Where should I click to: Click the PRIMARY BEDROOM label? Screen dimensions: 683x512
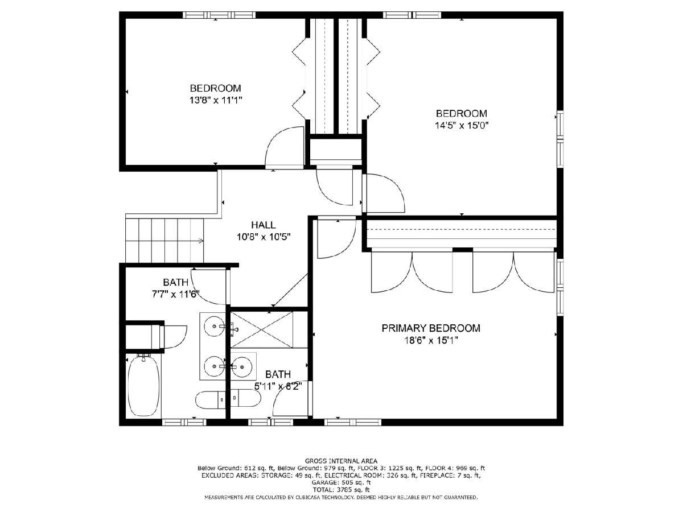click(x=431, y=328)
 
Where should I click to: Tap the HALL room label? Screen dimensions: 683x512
click(x=264, y=225)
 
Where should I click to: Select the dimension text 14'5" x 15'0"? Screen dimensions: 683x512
click(x=462, y=126)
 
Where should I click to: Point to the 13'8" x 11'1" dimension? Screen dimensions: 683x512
click(x=216, y=101)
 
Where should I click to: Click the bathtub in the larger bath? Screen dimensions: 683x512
click(x=144, y=386)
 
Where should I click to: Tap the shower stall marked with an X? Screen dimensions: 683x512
click(x=261, y=330)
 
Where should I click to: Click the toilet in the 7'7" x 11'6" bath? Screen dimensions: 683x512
click(x=211, y=399)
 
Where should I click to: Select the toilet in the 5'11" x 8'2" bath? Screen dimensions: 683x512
click(x=245, y=398)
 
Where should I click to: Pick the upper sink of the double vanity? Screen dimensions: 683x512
click(x=214, y=326)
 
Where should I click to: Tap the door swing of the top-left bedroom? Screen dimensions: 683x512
click(x=285, y=148)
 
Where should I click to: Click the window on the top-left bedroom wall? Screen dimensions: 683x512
click(x=219, y=15)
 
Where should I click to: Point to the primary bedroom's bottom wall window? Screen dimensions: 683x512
click(x=353, y=422)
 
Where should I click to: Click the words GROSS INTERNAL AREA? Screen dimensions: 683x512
click(x=341, y=461)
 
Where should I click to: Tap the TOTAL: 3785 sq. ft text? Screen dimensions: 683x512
click(x=341, y=490)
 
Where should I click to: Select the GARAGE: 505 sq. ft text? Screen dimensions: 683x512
click(x=341, y=483)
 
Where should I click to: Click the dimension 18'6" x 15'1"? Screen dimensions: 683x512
click(x=431, y=341)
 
